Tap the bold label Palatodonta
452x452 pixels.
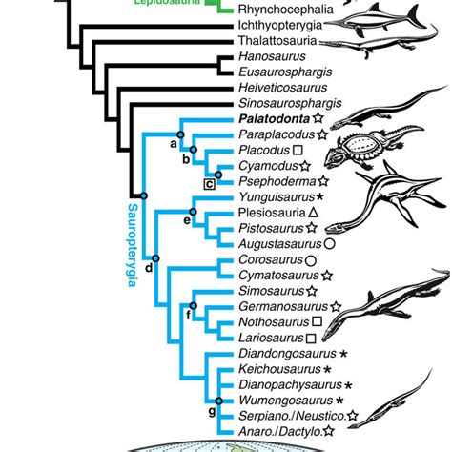[x=266, y=121]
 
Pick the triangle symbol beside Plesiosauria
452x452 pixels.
[x=312, y=214]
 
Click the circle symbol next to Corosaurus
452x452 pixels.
[x=310, y=259]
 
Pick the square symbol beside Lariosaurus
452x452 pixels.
[x=311, y=338]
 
